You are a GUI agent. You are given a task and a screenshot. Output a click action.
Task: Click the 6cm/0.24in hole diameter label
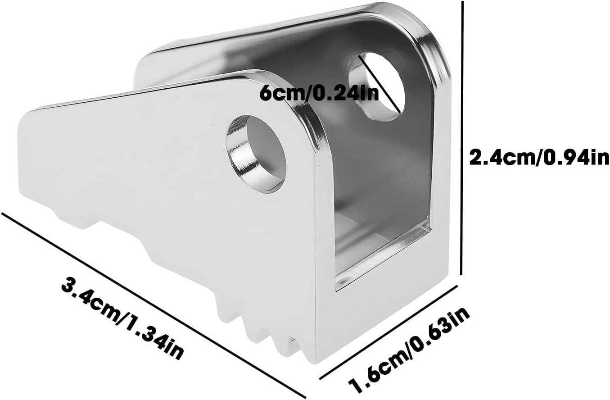coord(319,93)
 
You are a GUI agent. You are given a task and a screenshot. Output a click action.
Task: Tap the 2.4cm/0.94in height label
coord(539,158)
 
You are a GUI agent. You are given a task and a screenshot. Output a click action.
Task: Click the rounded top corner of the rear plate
coord(430,34)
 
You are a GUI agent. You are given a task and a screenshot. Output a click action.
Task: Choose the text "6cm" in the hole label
coord(276,93)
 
